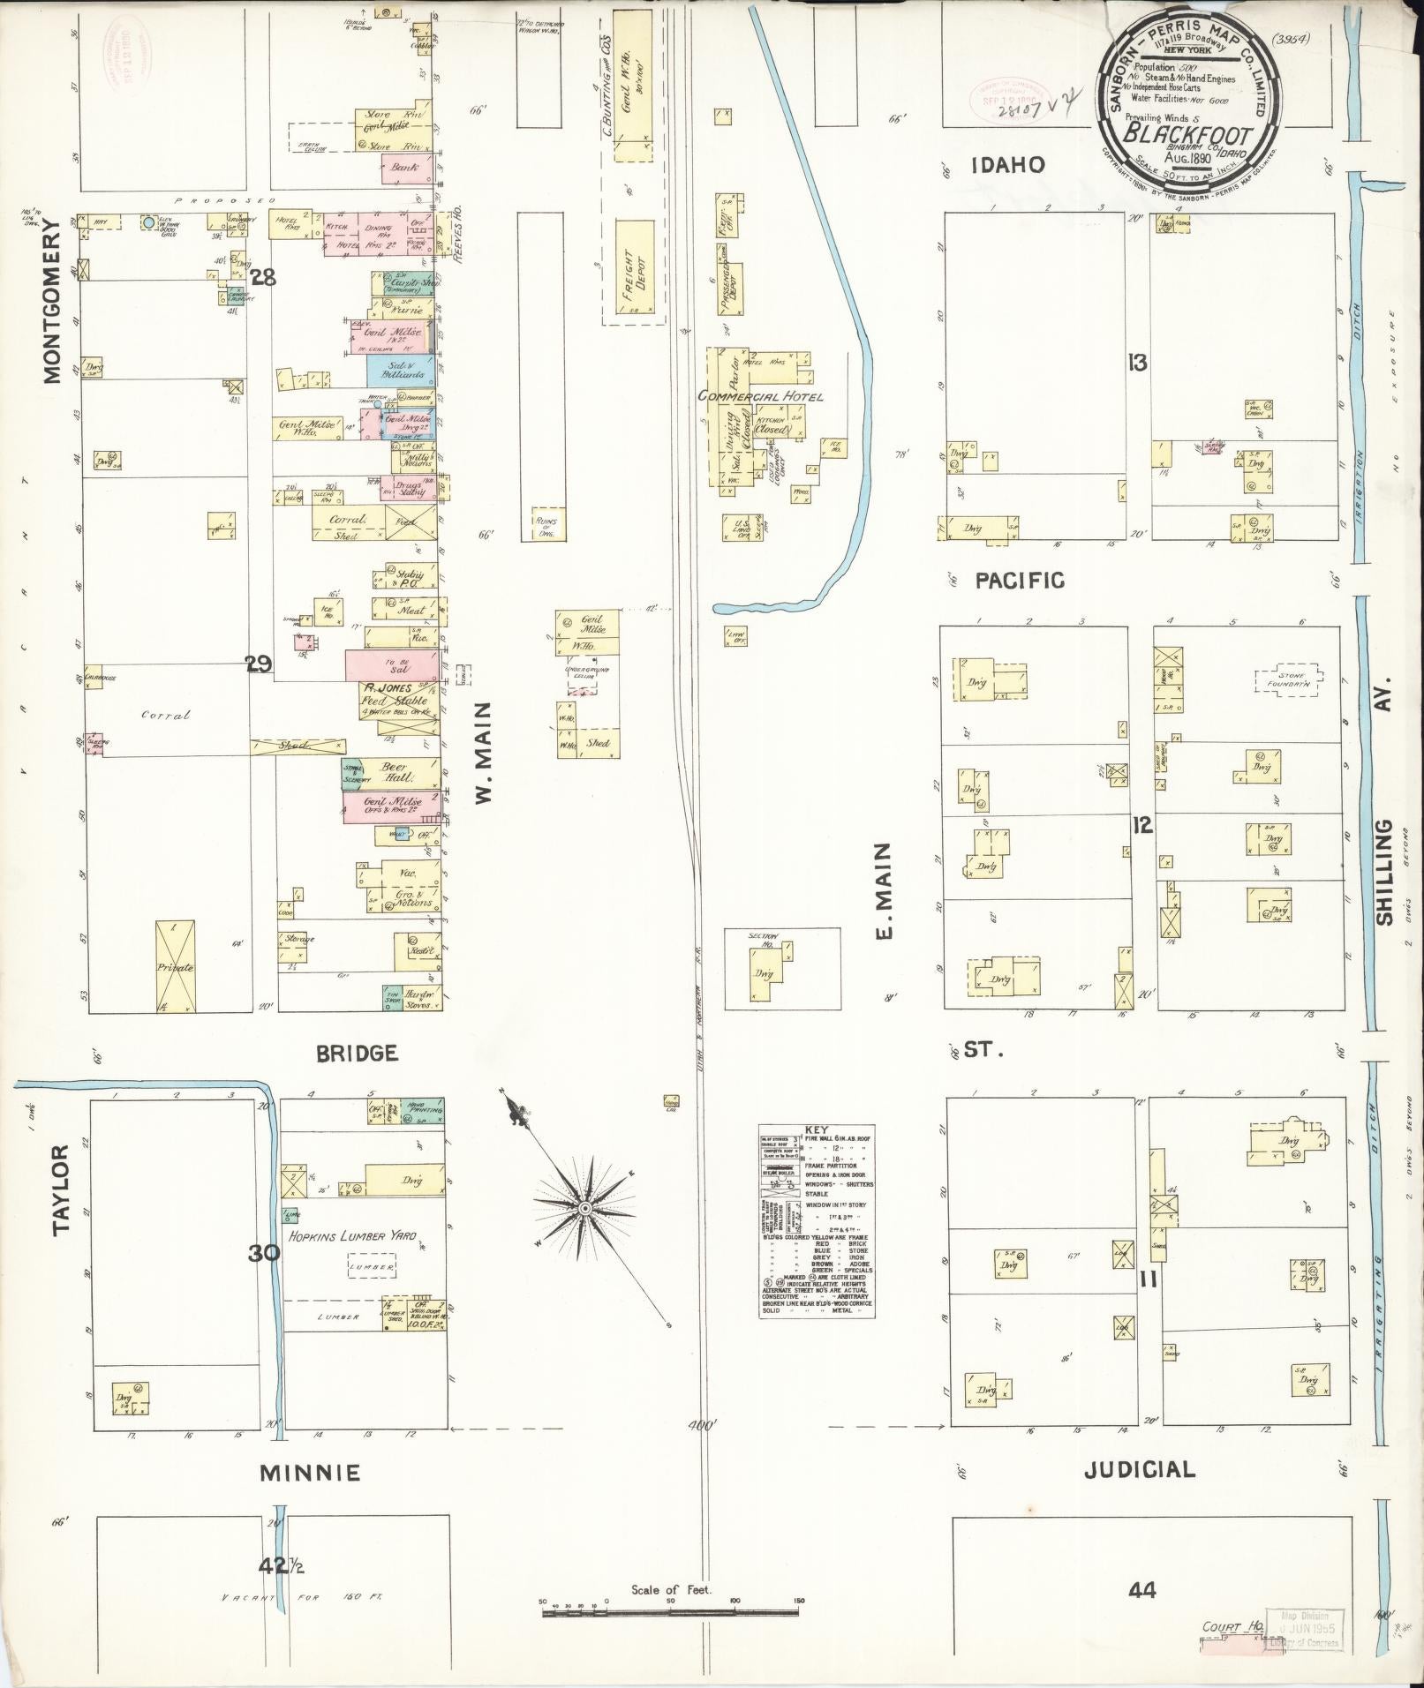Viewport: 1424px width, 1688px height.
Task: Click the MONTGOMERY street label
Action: click(52, 302)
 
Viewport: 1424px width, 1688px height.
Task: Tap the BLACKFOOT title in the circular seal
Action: click(1186, 136)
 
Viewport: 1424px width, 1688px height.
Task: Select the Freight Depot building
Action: click(634, 272)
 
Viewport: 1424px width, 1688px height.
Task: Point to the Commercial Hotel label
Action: click(760, 397)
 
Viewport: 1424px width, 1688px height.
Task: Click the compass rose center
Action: click(584, 1206)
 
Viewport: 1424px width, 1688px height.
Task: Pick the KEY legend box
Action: click(817, 1233)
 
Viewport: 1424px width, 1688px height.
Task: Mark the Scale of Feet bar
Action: click(671, 1612)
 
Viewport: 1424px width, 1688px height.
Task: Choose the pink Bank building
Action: click(406, 169)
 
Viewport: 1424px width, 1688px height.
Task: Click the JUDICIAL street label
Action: click(1139, 1469)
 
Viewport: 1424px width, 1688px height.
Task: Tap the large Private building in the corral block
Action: click(175, 966)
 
